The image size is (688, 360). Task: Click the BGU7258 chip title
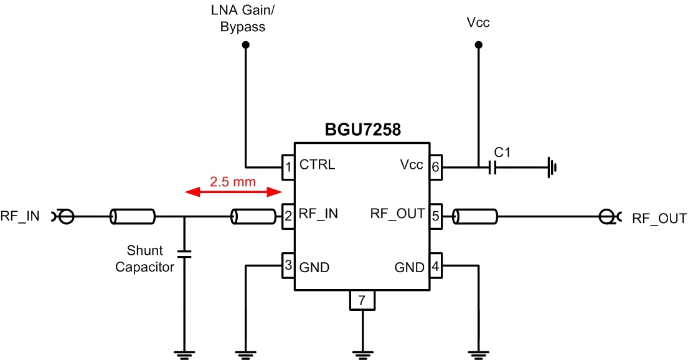[x=363, y=130]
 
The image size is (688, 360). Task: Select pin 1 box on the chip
[x=288, y=166]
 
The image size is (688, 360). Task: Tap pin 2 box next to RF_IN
[x=288, y=216]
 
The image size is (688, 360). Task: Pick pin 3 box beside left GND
[x=288, y=267]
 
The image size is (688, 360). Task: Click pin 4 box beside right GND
[x=435, y=267]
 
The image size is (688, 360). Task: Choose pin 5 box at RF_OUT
[x=435, y=216]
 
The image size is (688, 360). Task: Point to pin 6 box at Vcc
[x=435, y=166]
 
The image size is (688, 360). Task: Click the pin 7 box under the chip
[x=362, y=301]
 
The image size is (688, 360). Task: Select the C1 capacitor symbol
[x=492, y=167]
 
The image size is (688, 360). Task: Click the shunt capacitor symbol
[x=184, y=253]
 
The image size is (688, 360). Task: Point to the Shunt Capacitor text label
[x=144, y=259]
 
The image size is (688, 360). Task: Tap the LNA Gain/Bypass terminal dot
[x=246, y=45]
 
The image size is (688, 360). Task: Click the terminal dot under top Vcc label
[x=478, y=45]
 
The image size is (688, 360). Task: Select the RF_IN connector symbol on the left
[x=65, y=217]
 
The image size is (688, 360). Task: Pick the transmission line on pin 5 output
[x=475, y=217]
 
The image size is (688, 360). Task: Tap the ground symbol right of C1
[x=551, y=167]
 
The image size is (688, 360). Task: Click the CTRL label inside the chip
[x=317, y=166]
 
